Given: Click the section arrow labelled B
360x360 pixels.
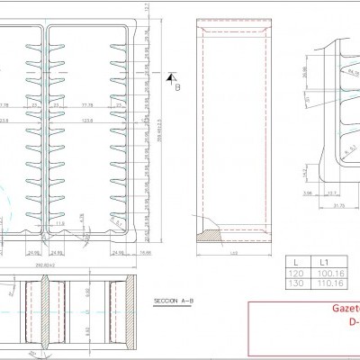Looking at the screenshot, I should pos(177,86).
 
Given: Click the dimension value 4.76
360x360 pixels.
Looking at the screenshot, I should pos(82,216).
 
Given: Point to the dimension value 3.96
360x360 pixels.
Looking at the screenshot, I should pos(307,191).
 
